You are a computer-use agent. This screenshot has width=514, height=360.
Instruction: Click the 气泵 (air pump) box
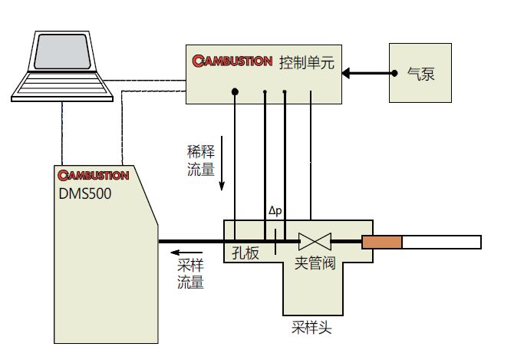pyautogui.click(x=420, y=74)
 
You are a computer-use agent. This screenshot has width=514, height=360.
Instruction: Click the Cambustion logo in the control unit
pyautogui.click(x=232, y=60)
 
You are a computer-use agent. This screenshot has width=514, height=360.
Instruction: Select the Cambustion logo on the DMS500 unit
pyautogui.click(x=93, y=175)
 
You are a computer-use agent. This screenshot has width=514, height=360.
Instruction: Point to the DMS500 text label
pyautogui.click(x=85, y=193)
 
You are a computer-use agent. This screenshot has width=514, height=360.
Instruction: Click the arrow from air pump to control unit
pyautogui.click(x=365, y=74)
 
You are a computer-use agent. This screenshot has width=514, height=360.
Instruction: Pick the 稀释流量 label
pyautogui.click(x=200, y=160)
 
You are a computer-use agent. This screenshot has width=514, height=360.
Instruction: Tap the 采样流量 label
pyautogui.click(x=191, y=275)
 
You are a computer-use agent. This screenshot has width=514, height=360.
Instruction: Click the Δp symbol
pyautogui.click(x=275, y=210)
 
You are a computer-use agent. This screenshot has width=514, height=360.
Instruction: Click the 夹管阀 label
pyautogui.click(x=315, y=262)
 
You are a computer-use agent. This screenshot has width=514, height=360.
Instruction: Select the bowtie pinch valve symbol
pyautogui.click(x=314, y=242)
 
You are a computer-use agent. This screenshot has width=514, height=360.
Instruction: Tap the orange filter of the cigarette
pyautogui.click(x=382, y=243)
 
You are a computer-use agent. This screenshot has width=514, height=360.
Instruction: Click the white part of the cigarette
pyautogui.click(x=442, y=243)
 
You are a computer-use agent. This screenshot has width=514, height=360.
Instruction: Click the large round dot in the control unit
pyautogui.click(x=235, y=92)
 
